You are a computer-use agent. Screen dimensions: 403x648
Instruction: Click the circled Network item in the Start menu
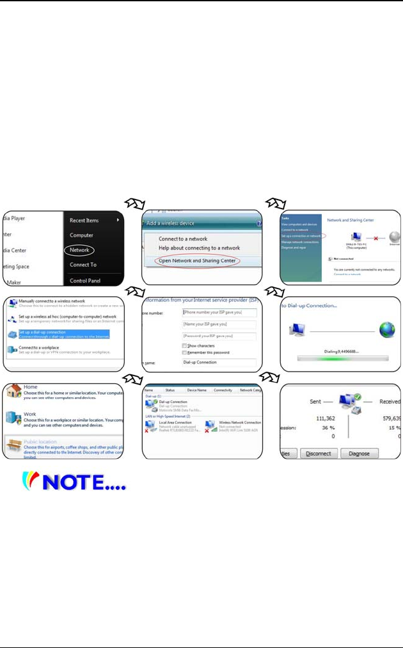[80, 249]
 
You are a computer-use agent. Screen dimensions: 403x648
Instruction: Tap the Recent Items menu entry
[84, 221]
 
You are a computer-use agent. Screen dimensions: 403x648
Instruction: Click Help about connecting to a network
[199, 248]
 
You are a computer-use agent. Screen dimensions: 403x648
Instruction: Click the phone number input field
[219, 313]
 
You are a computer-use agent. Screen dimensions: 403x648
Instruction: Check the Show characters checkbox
[185, 345]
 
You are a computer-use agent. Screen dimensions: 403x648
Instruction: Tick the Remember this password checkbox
[185, 352]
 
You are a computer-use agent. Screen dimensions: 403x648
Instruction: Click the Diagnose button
[359, 453]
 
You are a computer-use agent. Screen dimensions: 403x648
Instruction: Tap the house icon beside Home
[13, 391]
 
